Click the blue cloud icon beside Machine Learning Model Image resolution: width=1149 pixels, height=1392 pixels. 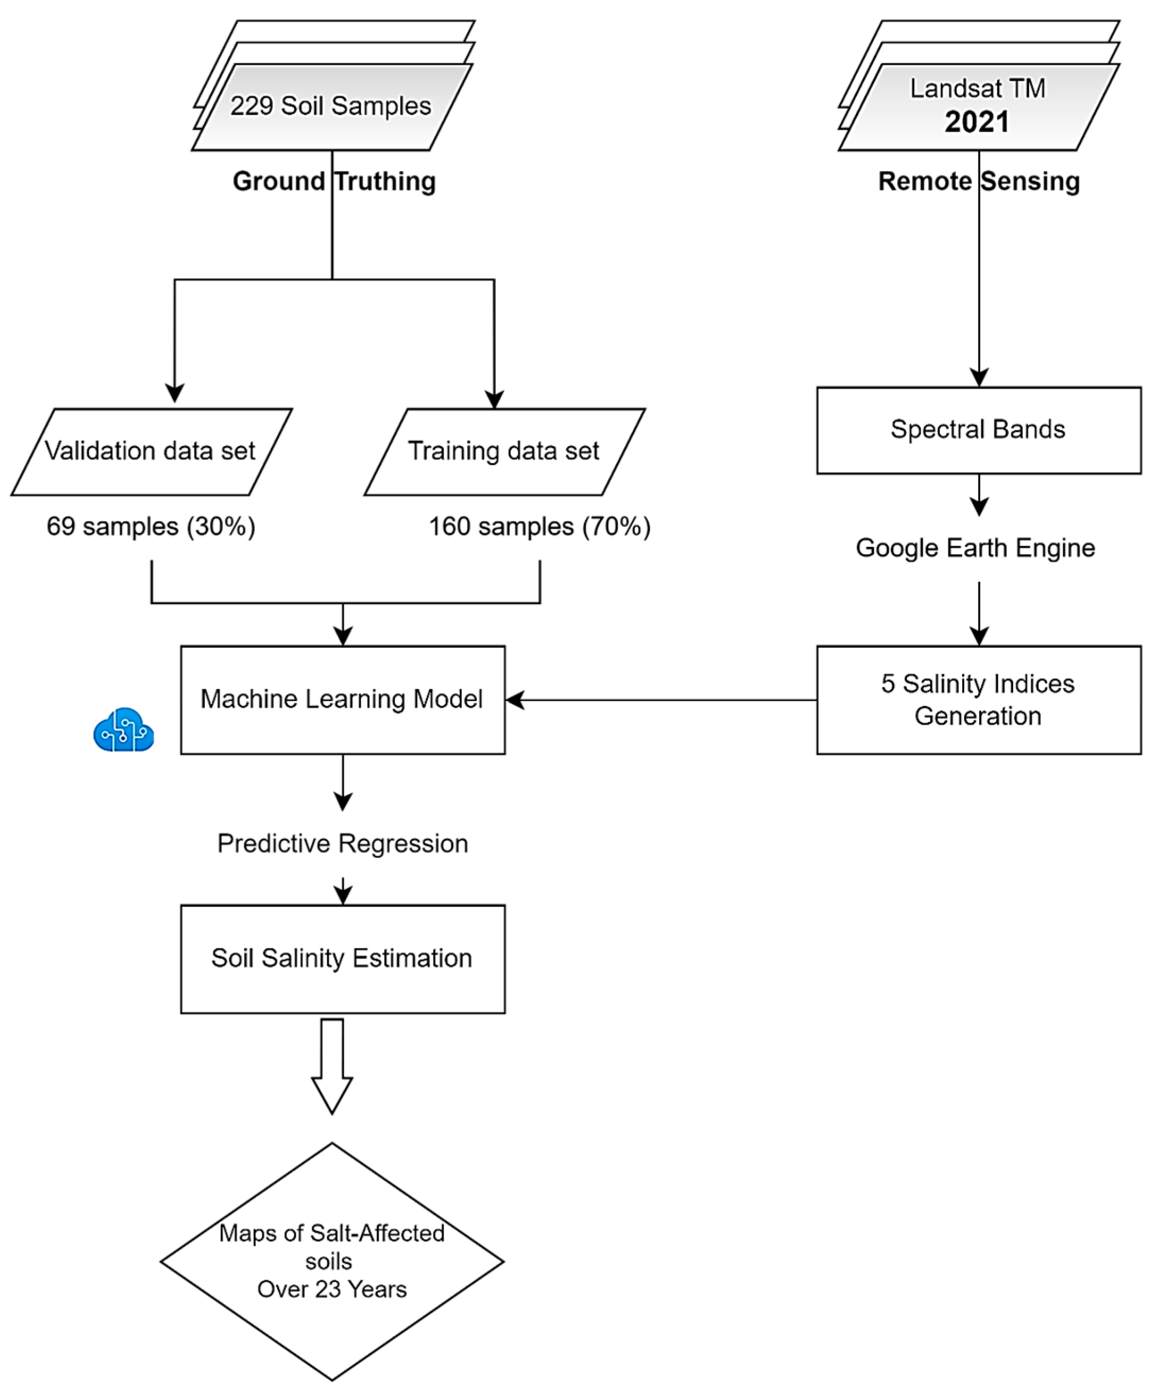[x=124, y=730]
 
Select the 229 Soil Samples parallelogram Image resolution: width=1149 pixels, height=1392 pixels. [x=331, y=107]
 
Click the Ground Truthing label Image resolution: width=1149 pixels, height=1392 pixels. [x=335, y=181]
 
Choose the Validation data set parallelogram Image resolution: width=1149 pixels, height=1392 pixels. [x=151, y=452]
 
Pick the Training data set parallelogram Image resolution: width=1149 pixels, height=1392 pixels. [x=504, y=452]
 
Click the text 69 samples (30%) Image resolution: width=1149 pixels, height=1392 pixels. [x=151, y=527]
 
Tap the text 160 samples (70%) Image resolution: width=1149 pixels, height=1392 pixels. [x=539, y=527]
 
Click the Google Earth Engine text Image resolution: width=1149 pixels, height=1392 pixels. [x=975, y=548]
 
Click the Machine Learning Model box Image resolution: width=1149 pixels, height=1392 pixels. [x=342, y=700]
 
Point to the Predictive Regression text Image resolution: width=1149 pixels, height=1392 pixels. [x=342, y=844]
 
